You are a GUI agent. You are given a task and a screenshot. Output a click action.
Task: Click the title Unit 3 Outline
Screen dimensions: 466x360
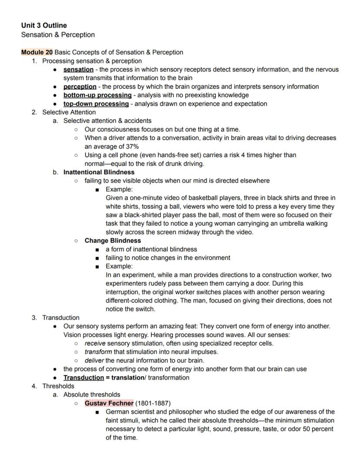(x=44, y=25)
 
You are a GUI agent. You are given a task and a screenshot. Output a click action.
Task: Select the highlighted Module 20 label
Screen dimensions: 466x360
(x=37, y=52)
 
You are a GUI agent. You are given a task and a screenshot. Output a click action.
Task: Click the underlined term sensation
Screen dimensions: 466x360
(x=78, y=70)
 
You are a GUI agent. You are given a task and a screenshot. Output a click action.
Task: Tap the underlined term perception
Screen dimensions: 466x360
(x=80, y=87)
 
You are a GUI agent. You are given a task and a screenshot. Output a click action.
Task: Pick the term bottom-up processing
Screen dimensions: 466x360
(x=97, y=95)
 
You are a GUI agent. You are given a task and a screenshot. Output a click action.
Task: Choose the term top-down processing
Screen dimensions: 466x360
(x=96, y=104)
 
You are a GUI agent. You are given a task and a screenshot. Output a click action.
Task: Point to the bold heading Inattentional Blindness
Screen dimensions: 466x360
(x=99, y=172)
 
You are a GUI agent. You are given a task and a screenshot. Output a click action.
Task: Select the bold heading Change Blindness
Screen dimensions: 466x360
(x=113, y=241)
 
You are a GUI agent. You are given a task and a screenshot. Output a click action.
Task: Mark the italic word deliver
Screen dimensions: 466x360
(x=94, y=360)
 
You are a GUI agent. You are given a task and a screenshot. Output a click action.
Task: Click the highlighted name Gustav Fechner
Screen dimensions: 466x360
(x=109, y=403)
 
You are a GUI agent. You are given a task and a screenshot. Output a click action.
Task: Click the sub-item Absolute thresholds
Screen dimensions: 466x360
(x=92, y=395)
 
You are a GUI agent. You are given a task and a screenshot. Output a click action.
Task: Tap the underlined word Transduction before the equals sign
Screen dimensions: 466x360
(x=83, y=378)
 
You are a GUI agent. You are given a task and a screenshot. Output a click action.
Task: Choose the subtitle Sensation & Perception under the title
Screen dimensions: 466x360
(x=58, y=35)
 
